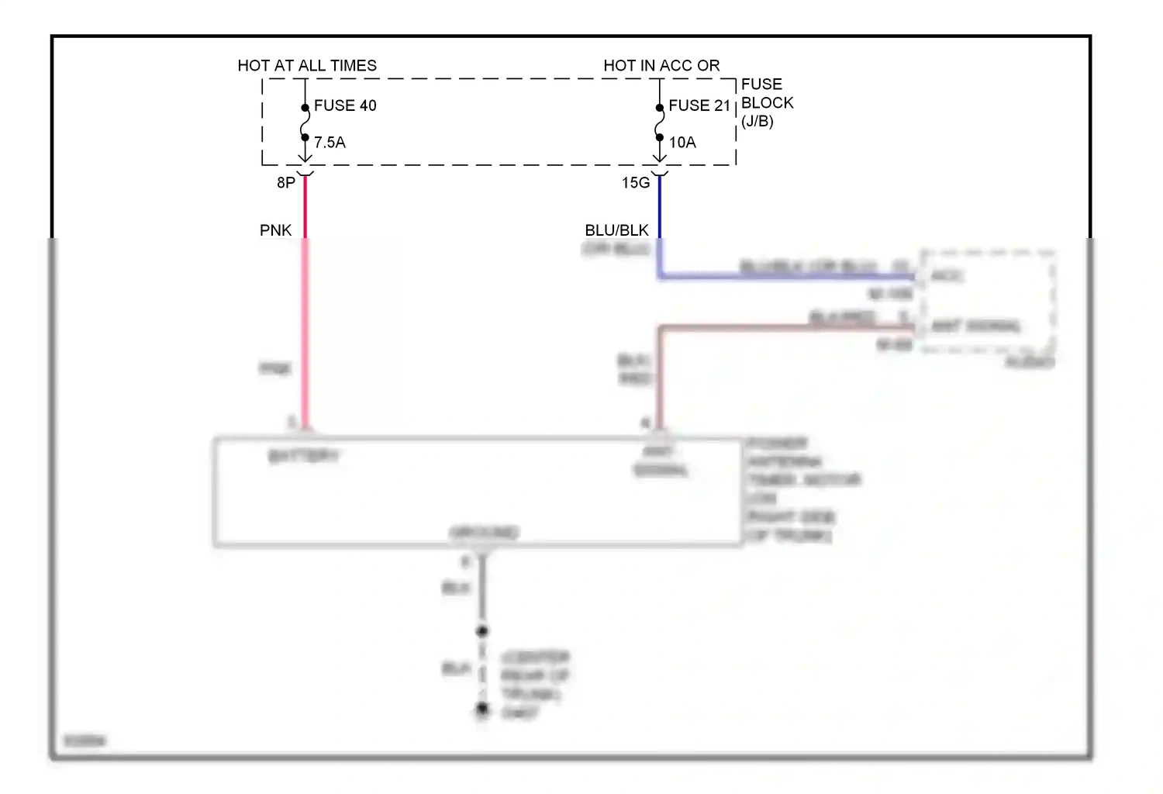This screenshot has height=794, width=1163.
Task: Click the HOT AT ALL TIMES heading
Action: tap(307, 66)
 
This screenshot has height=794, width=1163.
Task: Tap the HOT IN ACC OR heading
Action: tap(661, 66)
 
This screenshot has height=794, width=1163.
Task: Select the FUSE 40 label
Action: tap(345, 105)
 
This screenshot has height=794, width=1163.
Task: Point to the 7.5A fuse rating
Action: tap(330, 143)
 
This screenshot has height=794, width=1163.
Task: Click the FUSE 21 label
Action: tap(699, 105)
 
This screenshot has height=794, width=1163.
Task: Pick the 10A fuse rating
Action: tap(682, 143)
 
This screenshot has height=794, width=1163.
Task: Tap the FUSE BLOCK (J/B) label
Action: tap(767, 102)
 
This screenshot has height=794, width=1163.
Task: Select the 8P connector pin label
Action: tap(286, 183)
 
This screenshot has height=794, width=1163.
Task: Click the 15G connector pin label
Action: tap(636, 183)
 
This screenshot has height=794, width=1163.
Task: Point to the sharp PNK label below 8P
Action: tap(275, 230)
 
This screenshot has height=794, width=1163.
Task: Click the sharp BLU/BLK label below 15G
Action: tap(616, 230)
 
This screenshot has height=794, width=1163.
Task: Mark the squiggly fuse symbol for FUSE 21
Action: tap(660, 123)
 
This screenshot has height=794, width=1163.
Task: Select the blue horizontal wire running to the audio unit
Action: tap(783, 276)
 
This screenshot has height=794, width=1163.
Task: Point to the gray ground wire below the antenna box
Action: tap(482, 589)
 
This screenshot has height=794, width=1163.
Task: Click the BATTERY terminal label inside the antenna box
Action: tap(303, 456)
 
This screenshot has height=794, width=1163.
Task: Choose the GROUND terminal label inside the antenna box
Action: tap(484, 533)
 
